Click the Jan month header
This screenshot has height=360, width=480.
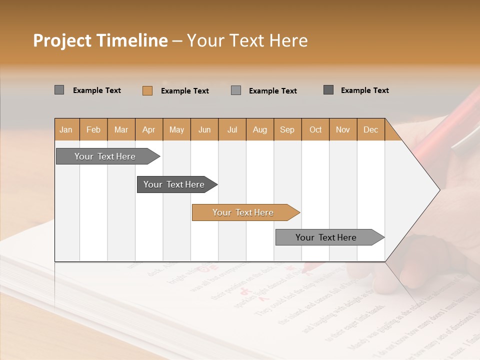[x=66, y=130]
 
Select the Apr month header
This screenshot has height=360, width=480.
[x=148, y=130]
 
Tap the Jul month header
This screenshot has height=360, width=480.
[x=232, y=130]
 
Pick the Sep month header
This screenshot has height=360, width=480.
[x=287, y=130]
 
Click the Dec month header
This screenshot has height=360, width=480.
[x=370, y=130]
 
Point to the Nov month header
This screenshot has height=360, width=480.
[x=342, y=130]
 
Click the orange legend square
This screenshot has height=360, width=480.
[x=147, y=90]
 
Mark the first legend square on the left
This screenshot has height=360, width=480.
[x=59, y=90]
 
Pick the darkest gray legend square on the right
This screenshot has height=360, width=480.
[x=328, y=90]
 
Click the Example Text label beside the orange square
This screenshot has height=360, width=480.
[x=184, y=91]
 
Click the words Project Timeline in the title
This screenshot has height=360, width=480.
[x=100, y=40]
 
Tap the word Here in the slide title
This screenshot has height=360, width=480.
[x=288, y=40]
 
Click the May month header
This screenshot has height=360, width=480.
[x=176, y=130]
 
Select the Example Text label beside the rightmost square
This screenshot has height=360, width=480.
[x=364, y=90]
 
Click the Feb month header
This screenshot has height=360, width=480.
[x=93, y=130]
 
